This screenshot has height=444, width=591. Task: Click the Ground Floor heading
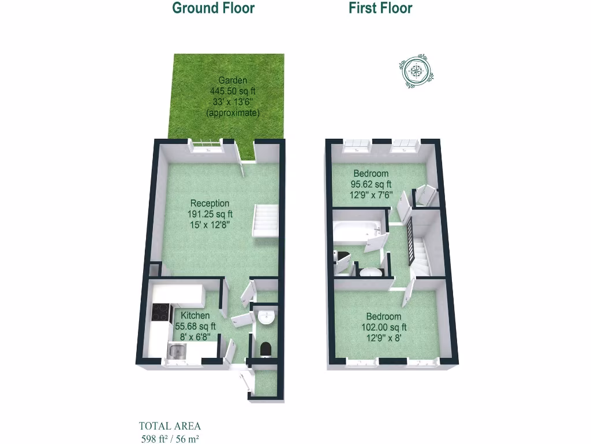coord(214,8)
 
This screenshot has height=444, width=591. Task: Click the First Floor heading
coord(380,8)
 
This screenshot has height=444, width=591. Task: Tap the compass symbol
coord(416,71)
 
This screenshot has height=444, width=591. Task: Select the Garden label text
coord(233,81)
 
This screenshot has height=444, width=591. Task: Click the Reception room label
coord(210,203)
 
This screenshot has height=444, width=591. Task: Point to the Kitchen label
coord(196,316)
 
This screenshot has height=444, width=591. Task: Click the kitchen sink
coord(177,350)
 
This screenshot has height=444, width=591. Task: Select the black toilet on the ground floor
coord(266,348)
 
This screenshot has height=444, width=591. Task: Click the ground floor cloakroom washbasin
coord(267,317)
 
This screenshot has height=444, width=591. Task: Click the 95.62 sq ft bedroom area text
coord(372,184)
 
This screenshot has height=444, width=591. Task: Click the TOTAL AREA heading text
coord(170,427)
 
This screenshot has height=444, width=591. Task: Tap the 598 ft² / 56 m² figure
coord(170,438)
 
